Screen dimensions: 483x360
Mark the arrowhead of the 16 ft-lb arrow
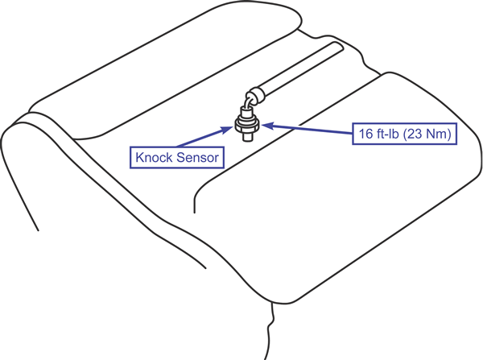[270, 125]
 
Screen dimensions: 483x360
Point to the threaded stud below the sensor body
[246, 136]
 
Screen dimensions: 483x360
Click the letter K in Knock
[138, 157]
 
